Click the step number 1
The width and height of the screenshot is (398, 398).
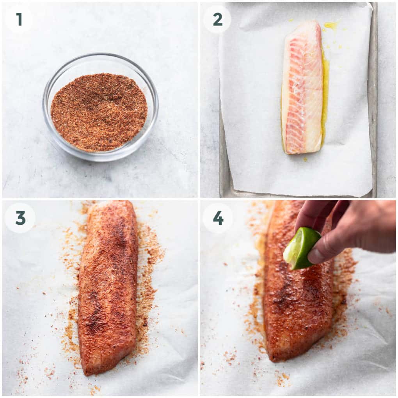pyautogui.click(x=19, y=19)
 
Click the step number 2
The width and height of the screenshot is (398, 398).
pyautogui.click(x=217, y=20)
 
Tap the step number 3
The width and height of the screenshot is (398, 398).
pyautogui.click(x=20, y=218)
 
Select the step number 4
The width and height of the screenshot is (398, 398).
pyautogui.click(x=218, y=218)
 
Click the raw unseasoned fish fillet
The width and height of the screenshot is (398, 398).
pyautogui.click(x=302, y=87)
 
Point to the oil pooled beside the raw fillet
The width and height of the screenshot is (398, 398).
pyautogui.click(x=325, y=96)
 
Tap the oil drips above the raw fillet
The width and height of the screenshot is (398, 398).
pyautogui.click(x=331, y=25)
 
